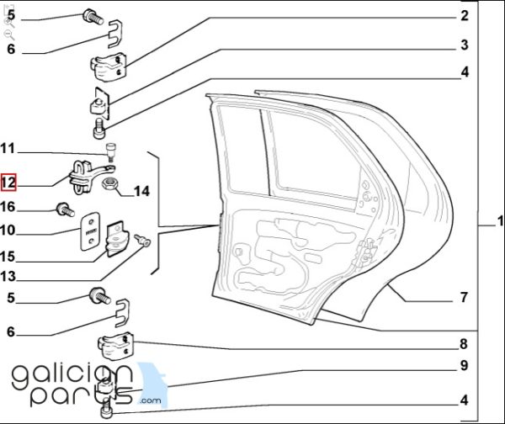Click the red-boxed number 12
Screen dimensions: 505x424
pyautogui.click(x=8, y=183)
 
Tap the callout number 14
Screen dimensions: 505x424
pyautogui.click(x=141, y=191)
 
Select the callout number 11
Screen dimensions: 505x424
pyautogui.click(x=8, y=149)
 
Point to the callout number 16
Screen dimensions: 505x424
pyautogui.click(x=8, y=207)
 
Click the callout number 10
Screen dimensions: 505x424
pyautogui.click(x=8, y=231)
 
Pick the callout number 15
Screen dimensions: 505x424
pyautogui.click(x=8, y=257)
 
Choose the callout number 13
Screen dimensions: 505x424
pyautogui.click(x=8, y=276)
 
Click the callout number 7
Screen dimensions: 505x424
pyautogui.click(x=464, y=297)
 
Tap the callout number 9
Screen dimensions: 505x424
pyautogui.click(x=464, y=365)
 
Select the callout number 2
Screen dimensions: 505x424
pyautogui.click(x=464, y=15)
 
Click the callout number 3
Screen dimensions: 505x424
pyautogui.click(x=464, y=45)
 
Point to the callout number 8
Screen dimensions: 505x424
pyautogui.click(x=464, y=344)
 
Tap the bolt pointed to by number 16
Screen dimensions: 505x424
pyautogui.click(x=66, y=209)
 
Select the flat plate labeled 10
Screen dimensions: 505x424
pyautogui.click(x=90, y=231)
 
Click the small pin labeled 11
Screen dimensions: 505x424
pyautogui.click(x=111, y=152)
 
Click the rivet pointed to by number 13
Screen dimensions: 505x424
pyautogui.click(x=142, y=240)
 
